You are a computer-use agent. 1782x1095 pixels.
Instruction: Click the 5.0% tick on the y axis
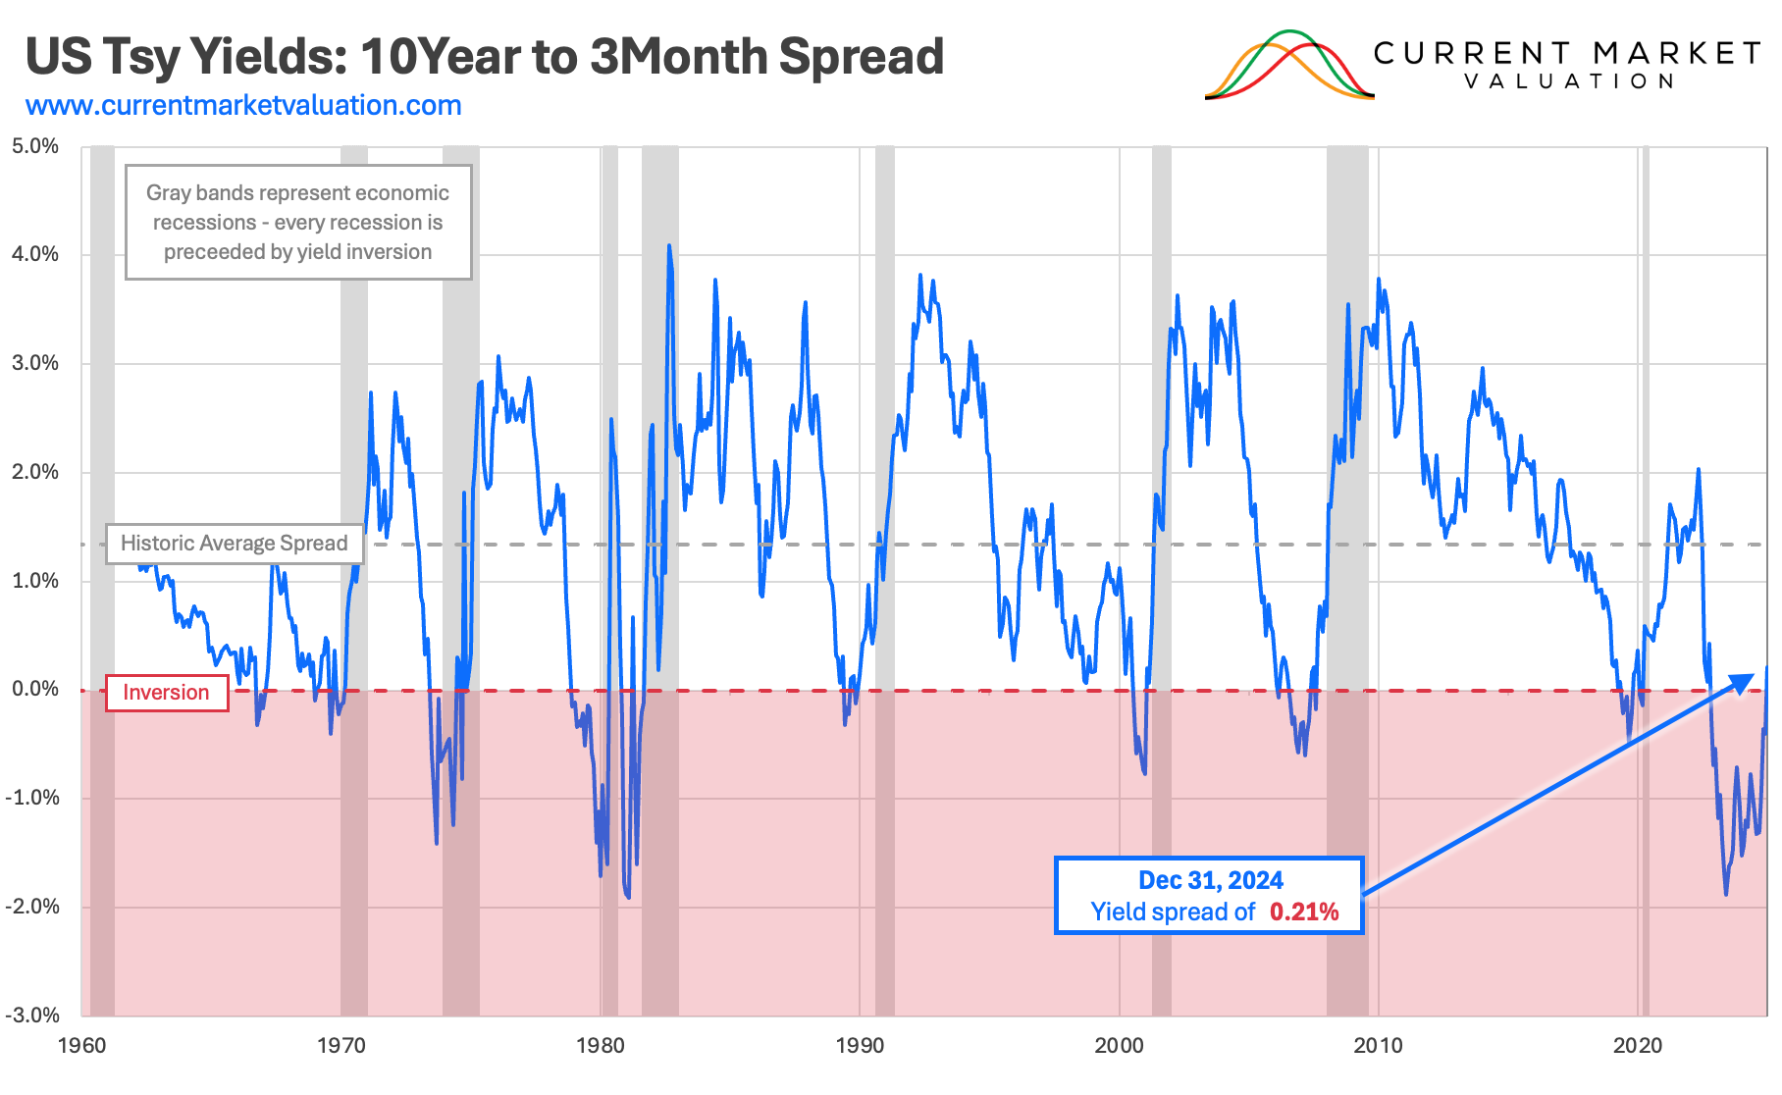point(35,146)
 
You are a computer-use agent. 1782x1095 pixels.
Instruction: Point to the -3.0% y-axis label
point(32,1015)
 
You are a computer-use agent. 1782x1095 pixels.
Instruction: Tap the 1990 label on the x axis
point(860,1046)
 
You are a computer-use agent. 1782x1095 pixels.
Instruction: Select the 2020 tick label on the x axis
point(1638,1046)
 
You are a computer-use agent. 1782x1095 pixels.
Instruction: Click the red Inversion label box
point(166,693)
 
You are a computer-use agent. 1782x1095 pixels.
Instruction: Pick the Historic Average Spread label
point(235,544)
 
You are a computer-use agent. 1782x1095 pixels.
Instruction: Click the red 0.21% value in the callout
point(1304,912)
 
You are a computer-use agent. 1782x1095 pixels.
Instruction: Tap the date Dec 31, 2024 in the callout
point(1210,880)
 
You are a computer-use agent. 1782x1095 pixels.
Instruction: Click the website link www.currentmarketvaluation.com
point(243,106)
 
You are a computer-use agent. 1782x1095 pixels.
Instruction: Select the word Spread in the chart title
point(861,57)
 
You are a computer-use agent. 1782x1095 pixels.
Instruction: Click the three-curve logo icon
point(1288,67)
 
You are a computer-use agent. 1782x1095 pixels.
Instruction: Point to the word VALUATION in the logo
point(1569,81)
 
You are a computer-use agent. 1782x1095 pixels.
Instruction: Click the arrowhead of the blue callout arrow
point(1743,680)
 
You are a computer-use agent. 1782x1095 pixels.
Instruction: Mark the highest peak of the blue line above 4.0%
point(669,247)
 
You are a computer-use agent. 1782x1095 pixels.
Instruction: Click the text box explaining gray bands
point(298,223)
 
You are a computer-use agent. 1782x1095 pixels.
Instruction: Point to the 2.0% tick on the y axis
point(35,472)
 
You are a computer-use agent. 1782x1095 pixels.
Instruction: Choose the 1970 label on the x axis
point(341,1046)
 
